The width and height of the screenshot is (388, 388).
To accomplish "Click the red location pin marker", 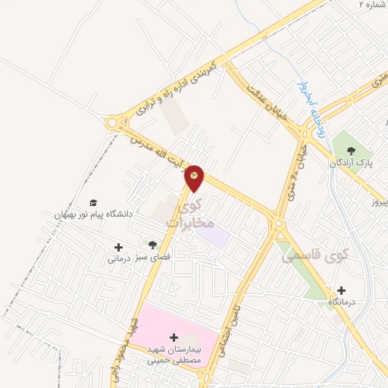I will (195, 177).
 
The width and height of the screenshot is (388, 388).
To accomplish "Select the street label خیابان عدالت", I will (267, 101).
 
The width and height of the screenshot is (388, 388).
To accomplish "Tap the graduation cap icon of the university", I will (93, 202).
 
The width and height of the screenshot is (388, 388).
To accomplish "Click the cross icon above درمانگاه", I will (341, 290).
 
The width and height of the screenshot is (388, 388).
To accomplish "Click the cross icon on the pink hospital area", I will (174, 336).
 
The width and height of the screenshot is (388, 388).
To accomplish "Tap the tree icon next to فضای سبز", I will (152, 245).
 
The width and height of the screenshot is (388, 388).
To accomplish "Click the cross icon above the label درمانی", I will (118, 246).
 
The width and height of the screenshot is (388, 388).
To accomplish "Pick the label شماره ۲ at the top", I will (372, 4).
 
